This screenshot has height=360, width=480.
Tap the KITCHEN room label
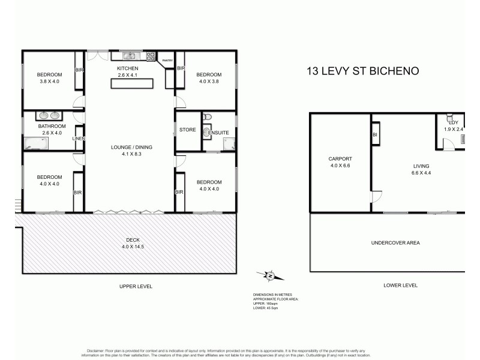pos(127,69)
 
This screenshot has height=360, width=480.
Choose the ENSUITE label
pos(218,133)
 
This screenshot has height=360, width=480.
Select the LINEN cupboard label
pos(79,139)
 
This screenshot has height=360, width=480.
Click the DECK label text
pos(127,239)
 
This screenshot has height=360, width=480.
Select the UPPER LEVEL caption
pos(136,287)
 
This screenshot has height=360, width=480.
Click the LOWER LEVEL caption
pos(400,286)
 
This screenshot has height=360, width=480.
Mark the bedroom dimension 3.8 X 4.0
pos(50,82)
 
